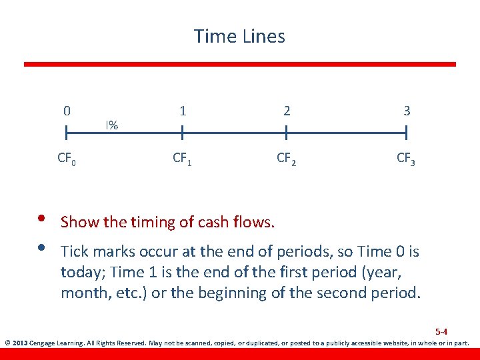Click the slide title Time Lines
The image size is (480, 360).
coord(239,36)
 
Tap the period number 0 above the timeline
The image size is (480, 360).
coord(67,111)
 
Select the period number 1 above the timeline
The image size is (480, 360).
coord(183,111)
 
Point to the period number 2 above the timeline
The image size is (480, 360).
coord(287,111)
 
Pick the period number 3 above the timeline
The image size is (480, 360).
coord(407,111)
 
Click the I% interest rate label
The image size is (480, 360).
coord(111,125)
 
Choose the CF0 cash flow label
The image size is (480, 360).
coord(66,159)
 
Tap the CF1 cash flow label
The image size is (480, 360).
coord(182,159)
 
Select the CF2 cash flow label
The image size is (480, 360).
coord(287,159)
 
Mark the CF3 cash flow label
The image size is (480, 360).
coord(406,159)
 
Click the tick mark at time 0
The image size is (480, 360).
coord(67,134)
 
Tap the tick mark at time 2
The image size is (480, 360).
coord(286,134)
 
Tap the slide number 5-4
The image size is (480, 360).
coord(441,331)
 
